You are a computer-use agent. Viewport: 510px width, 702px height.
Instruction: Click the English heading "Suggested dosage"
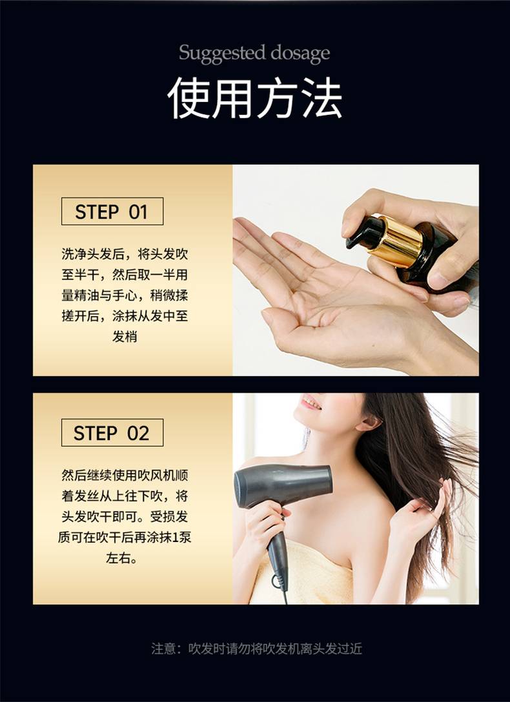[254, 54]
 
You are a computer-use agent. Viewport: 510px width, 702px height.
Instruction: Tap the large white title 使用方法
[255, 99]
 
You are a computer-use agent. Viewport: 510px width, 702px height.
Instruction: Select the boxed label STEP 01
[112, 212]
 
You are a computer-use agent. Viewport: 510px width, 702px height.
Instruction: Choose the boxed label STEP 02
[112, 432]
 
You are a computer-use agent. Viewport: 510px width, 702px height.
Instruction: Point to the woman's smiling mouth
[312, 403]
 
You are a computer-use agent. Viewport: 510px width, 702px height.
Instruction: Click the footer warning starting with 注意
[256, 648]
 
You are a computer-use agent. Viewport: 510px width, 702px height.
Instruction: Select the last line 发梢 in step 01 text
[125, 337]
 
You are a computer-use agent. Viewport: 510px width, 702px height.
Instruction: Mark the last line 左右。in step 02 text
[121, 558]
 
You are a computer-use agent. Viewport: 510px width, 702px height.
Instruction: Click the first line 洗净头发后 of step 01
[125, 254]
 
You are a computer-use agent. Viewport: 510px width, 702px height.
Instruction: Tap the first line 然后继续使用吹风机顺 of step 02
[125, 475]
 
